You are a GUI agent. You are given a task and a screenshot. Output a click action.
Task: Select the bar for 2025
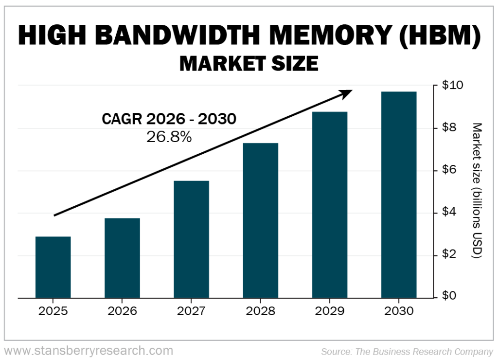coord(53,267)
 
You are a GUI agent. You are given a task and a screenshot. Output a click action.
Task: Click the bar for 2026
coord(122,258)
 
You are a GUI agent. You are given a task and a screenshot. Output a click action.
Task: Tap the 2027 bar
coord(191,239)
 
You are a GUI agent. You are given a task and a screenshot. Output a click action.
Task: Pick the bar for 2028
coord(261,220)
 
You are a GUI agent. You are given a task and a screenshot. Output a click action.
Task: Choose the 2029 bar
coord(330,205)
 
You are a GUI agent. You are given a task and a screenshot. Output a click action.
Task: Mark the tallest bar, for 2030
coord(399,195)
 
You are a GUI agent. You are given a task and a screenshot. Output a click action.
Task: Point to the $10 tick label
coord(452,86)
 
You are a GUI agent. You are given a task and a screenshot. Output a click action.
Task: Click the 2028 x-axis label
coord(261,311)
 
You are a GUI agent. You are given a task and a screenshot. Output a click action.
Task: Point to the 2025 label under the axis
coord(53,311)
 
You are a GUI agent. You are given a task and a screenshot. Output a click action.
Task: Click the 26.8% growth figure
coord(169,137)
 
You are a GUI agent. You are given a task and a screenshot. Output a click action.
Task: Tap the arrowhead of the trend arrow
coord(347,92)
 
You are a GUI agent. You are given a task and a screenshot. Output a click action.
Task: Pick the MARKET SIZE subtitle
coord(249,63)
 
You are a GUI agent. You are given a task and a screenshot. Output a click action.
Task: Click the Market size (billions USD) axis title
coord(477,190)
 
